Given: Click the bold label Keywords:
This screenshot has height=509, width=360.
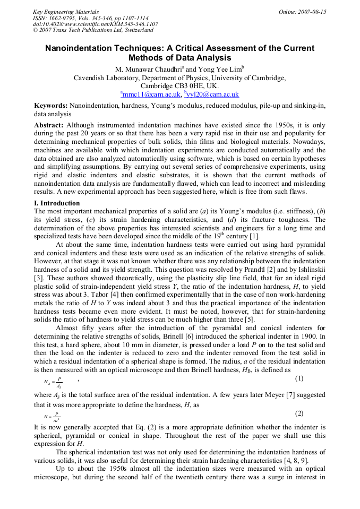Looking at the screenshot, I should [51, 106].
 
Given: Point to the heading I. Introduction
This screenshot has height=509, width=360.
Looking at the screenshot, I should [57, 203].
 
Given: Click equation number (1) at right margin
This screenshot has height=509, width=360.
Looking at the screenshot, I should [299, 378].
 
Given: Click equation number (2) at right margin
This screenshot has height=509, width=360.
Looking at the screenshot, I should [299, 413].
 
